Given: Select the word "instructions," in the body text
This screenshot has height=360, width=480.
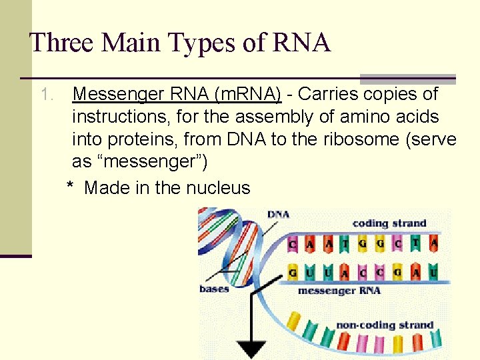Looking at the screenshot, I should point(117,117).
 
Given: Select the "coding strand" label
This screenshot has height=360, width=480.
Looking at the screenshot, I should point(389,223).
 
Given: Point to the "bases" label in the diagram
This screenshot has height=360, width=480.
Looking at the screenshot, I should point(214,289).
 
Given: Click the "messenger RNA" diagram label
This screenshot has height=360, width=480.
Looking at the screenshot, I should point(339,291).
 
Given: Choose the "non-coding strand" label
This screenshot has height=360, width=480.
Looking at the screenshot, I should point(385,325).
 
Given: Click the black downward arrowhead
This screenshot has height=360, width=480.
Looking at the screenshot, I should point(252,349).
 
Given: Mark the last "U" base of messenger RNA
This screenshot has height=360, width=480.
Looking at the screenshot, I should point(434,273).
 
